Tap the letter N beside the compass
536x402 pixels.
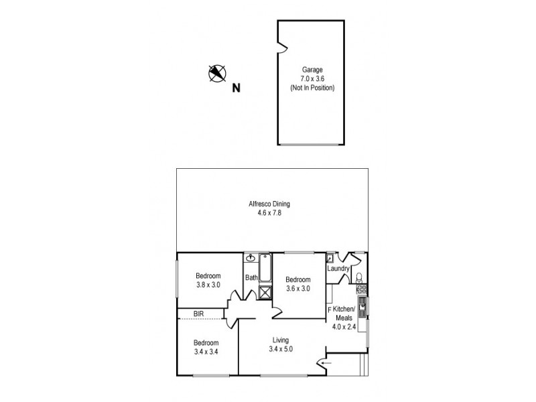[236, 87]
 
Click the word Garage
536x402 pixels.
[312, 69]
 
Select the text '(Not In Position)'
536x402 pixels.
[312, 88]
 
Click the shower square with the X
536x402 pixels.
[265, 291]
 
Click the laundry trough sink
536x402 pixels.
[331, 257]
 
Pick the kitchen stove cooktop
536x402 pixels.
[362, 289]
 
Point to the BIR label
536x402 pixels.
[198, 314]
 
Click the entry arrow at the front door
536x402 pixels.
[326, 363]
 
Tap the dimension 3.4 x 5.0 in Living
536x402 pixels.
[280, 349]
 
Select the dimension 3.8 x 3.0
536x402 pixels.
[207, 284]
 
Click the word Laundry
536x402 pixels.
[338, 269]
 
